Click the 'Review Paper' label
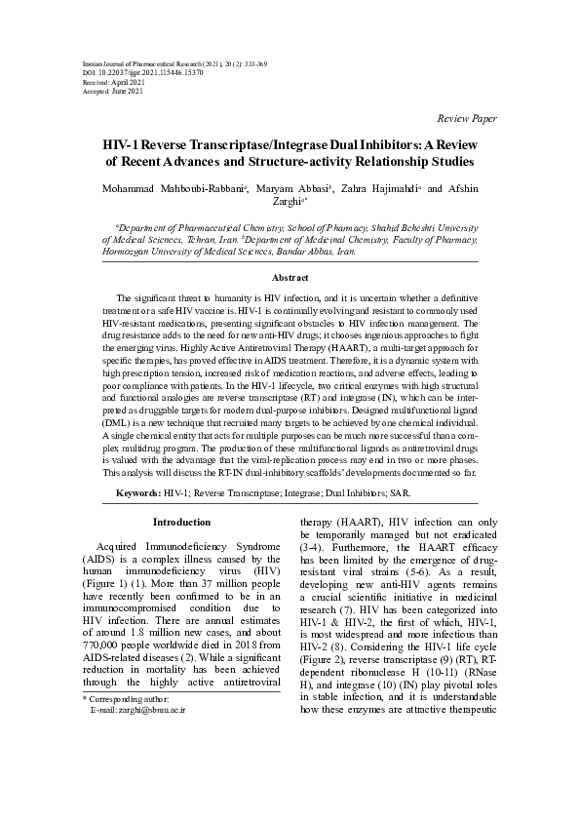click(x=469, y=118)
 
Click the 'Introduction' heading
click(x=181, y=522)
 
